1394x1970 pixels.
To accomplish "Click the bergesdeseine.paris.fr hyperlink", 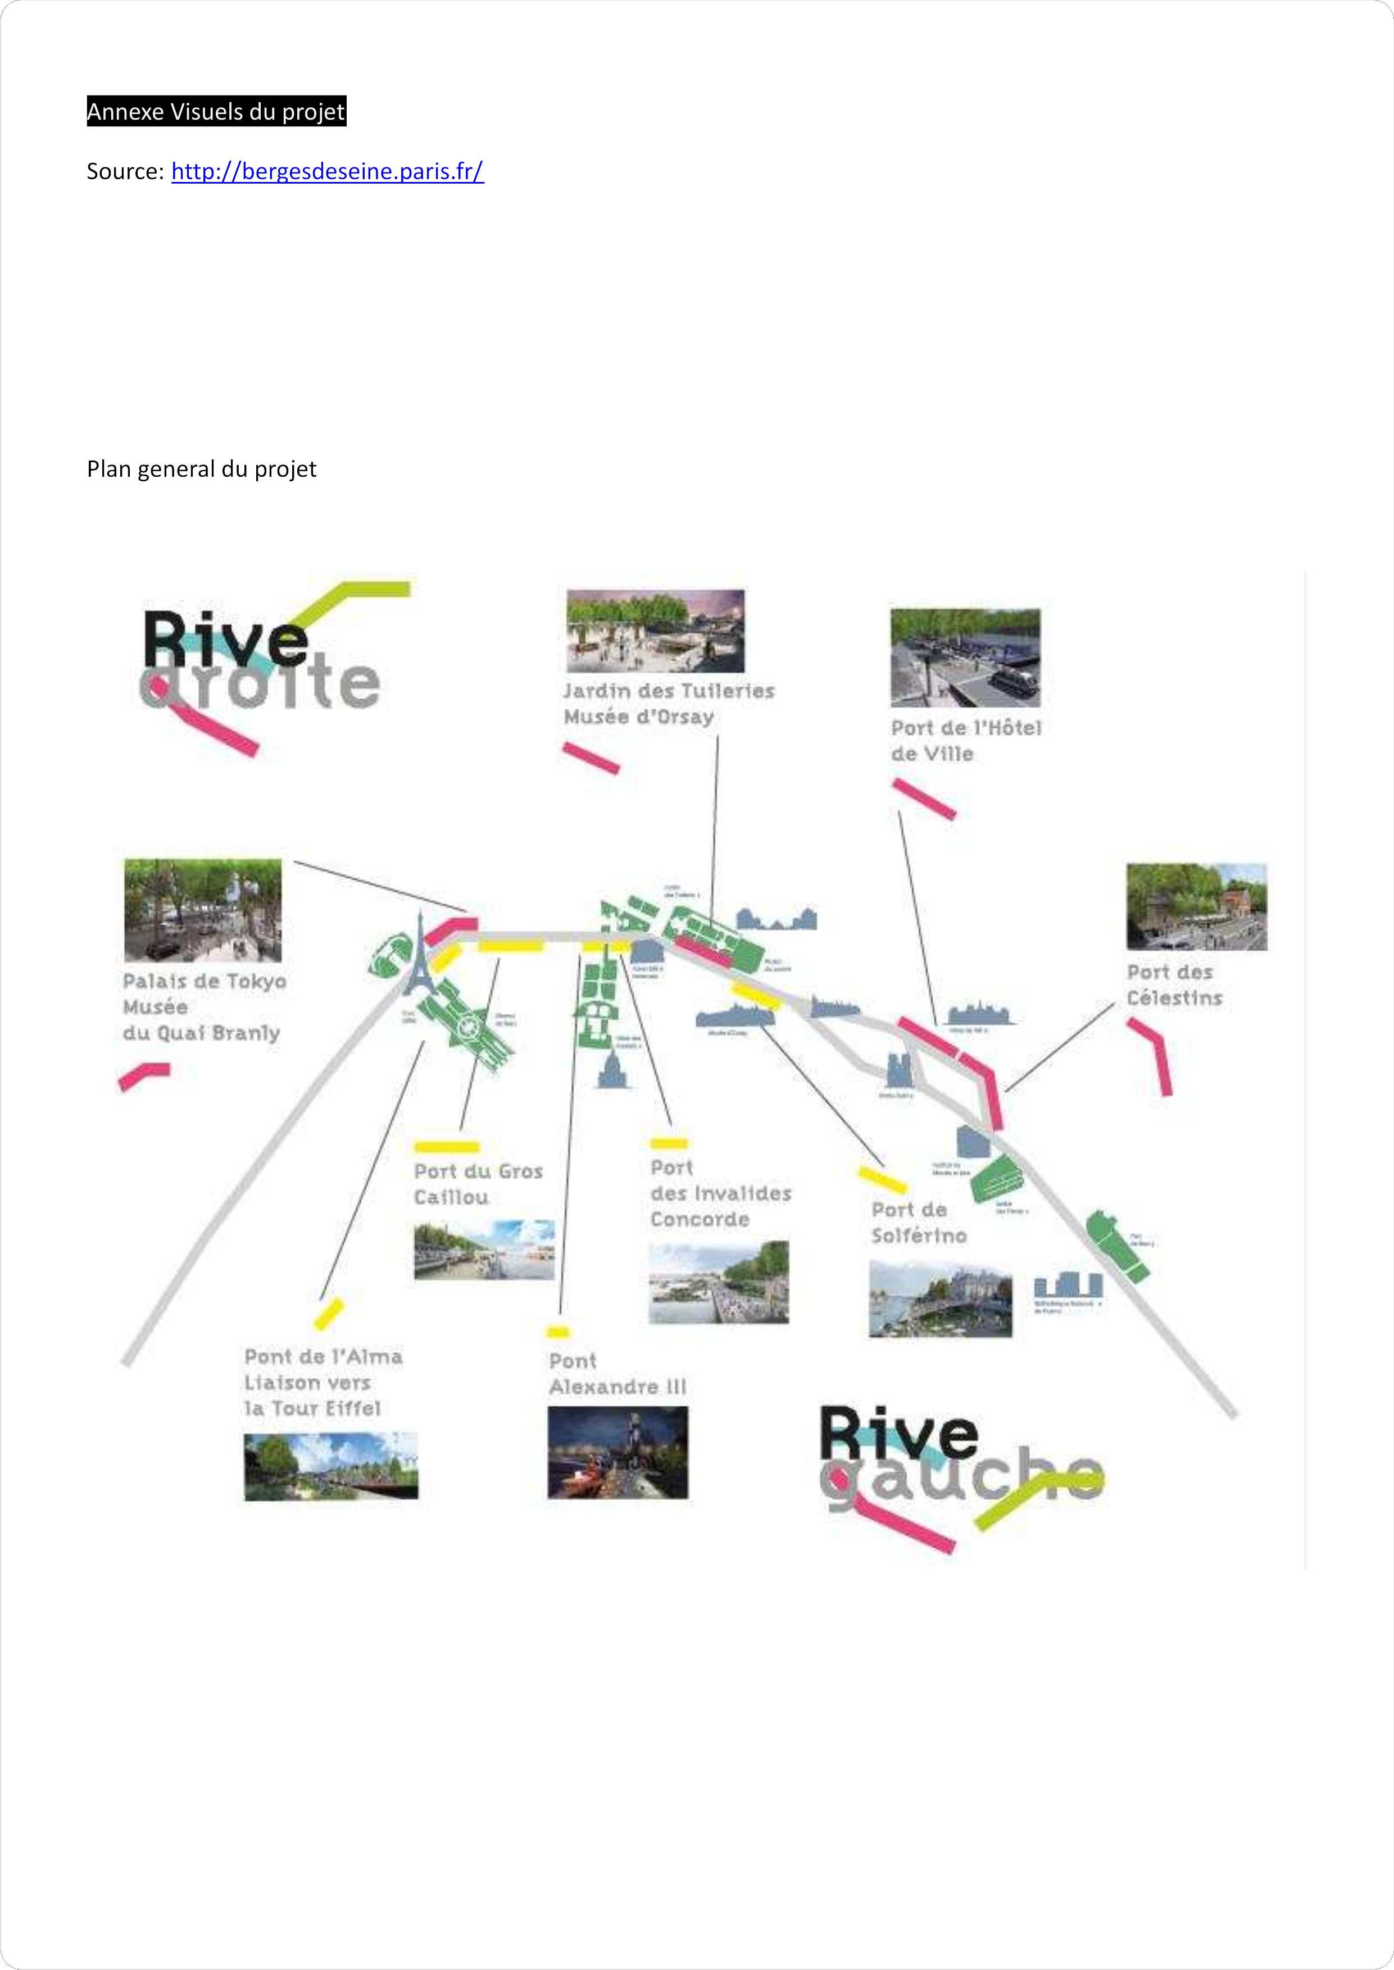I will click(327, 172).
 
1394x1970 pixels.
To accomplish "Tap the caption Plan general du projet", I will click(202, 469).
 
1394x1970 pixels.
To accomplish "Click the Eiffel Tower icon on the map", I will click(420, 957).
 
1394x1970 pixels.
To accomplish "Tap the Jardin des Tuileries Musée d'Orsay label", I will click(669, 704).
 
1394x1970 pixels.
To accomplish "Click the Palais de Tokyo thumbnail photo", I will click(203, 910).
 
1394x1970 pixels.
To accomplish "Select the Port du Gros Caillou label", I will click(478, 1184).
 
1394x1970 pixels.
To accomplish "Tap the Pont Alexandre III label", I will click(617, 1374).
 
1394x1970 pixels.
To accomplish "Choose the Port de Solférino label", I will click(919, 1223).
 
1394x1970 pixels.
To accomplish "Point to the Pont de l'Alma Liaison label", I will click(323, 1382).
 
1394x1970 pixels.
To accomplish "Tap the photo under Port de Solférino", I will click(940, 1299).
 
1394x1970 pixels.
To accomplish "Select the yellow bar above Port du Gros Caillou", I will click(446, 1146).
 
